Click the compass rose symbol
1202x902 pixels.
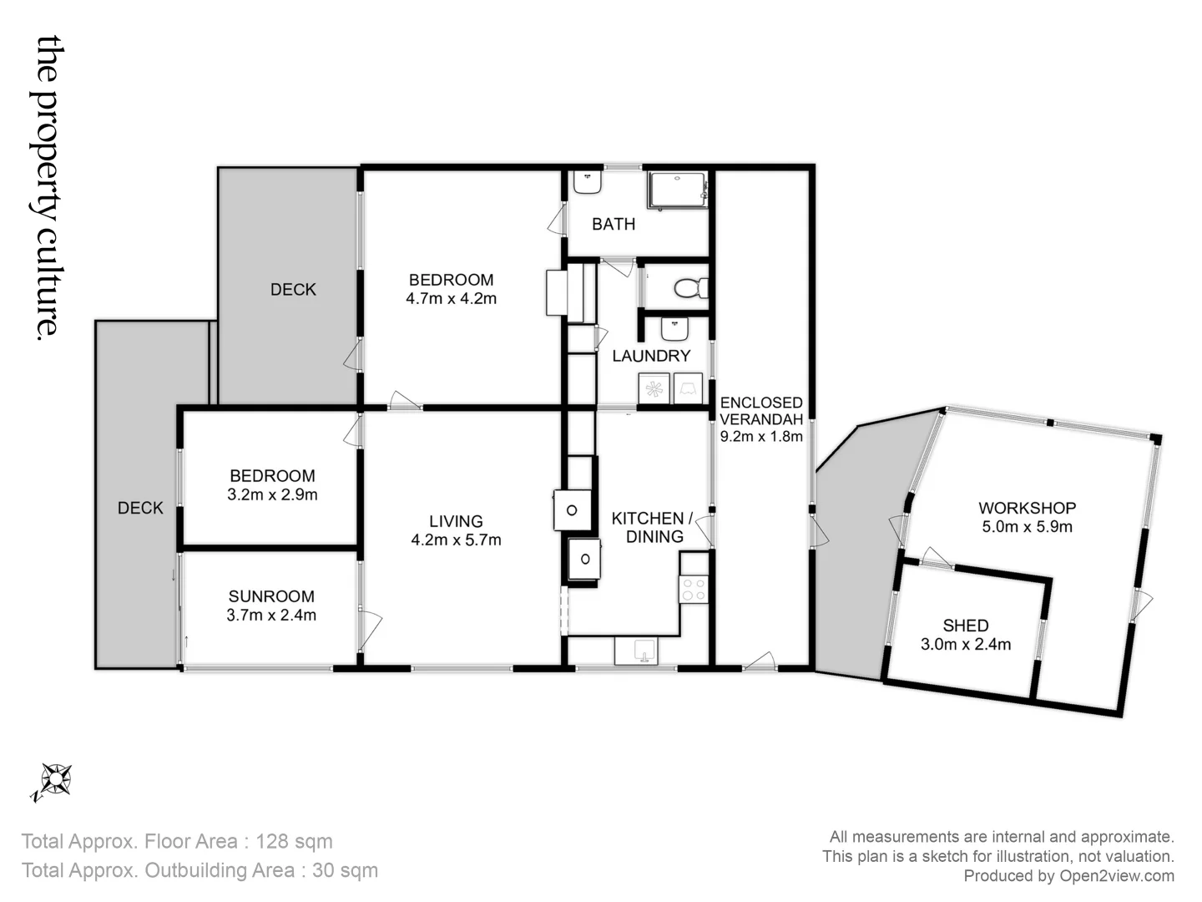55,780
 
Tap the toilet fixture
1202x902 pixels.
689,289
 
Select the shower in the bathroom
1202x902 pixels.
677,190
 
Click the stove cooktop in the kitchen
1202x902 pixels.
694,590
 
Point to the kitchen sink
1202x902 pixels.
636,651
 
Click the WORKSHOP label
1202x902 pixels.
1027,508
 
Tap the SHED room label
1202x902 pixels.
966,626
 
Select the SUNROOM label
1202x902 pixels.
271,596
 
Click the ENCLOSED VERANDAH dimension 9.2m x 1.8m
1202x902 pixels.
761,436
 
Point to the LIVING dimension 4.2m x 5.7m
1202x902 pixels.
456,540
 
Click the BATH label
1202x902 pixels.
614,224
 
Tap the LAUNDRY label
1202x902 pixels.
651,356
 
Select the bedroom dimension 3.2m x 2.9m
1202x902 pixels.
272,494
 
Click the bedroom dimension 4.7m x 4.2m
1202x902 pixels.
451,298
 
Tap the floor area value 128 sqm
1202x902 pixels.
294,841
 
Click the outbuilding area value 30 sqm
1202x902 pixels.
345,870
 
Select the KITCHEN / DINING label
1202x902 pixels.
654,528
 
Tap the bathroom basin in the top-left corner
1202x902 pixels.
588,183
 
